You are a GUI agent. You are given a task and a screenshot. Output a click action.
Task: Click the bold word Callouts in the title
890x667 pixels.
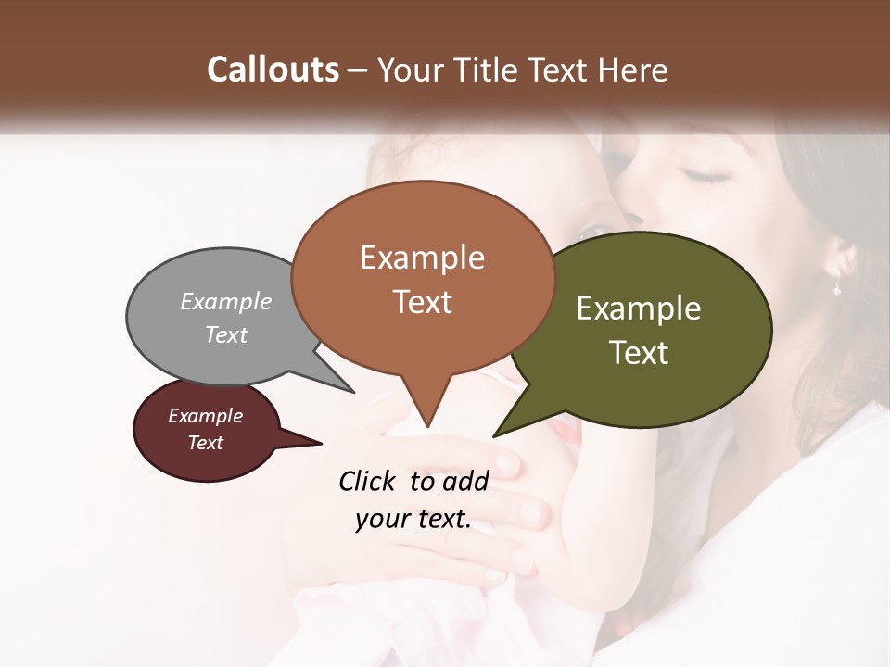pos(273,69)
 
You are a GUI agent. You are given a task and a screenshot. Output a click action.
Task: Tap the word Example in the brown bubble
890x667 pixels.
pos(422,258)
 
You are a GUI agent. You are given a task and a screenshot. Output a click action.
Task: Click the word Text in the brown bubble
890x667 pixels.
pos(422,302)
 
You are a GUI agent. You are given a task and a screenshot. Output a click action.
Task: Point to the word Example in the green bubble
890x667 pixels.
pos(639,308)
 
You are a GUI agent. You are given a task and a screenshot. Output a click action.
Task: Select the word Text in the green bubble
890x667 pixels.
pos(639,353)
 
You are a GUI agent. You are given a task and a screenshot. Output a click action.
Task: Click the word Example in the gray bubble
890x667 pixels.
pos(226,302)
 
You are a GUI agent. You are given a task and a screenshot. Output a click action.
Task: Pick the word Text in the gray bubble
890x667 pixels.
pos(226,334)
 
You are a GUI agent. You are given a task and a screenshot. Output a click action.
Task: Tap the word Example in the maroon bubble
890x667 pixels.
pos(205,416)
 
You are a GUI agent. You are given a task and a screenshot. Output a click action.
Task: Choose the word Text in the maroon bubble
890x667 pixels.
pos(205,443)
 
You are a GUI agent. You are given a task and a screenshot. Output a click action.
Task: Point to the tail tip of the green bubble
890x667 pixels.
pos(495,435)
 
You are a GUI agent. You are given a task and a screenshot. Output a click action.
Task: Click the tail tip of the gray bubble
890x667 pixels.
pos(352,391)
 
